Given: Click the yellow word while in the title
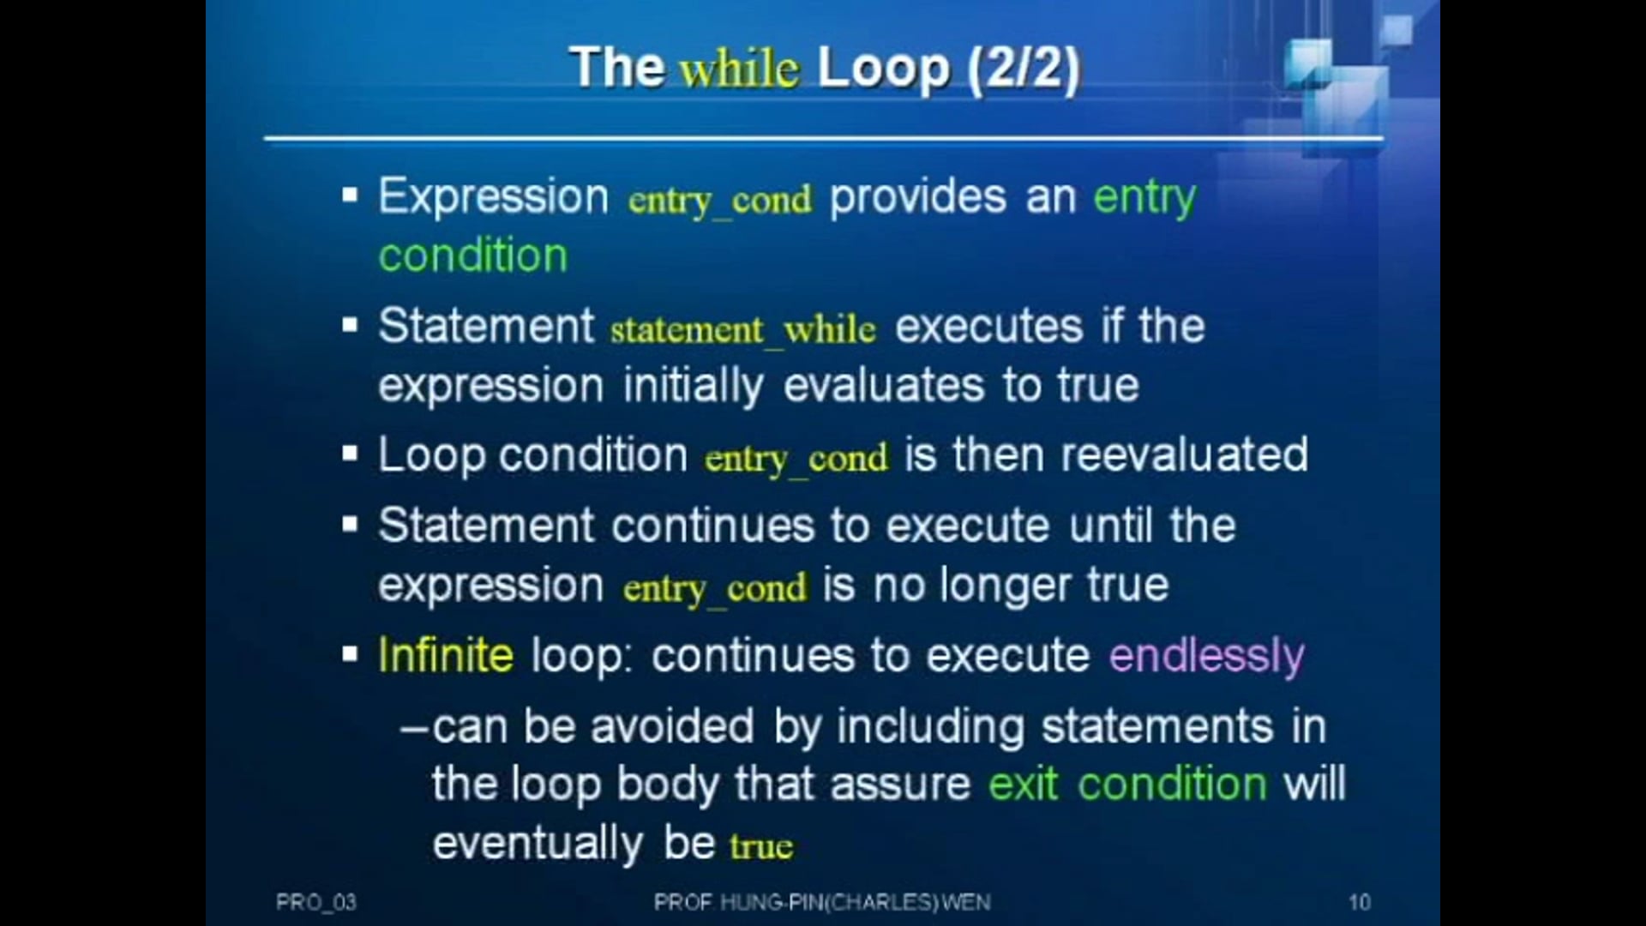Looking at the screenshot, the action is click(739, 69).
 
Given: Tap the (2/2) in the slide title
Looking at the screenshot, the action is click(1024, 69).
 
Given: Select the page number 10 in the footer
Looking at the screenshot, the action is click(1359, 902).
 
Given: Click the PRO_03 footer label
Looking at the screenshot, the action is click(315, 902).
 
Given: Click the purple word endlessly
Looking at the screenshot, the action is click(1206, 656).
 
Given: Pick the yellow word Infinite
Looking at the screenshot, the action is click(446, 655).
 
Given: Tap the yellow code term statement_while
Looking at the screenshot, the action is click(743, 330).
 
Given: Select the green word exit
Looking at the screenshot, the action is click(1023, 784).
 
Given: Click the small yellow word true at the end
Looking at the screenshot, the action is click(760, 846).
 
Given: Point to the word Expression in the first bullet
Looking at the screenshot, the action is click(493, 197).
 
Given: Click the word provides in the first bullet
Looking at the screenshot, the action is click(917, 197).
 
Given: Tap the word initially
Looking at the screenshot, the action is click(693, 386).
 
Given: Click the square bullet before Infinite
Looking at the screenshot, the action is click(349, 655).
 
